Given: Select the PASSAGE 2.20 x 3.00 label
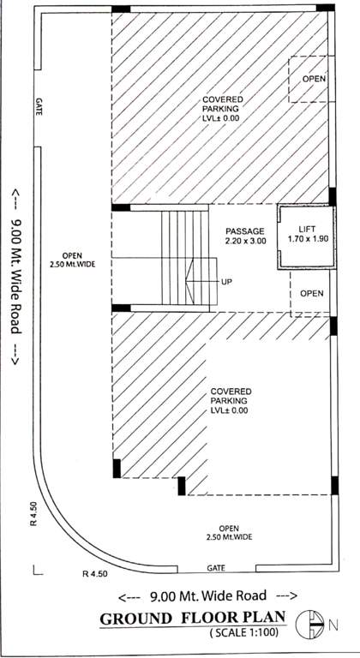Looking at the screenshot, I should (246, 236).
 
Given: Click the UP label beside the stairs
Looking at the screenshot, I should (227, 282).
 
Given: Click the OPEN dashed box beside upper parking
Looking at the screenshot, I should (310, 80).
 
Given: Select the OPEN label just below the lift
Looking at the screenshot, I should (312, 294).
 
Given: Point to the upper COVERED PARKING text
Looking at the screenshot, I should (221, 109).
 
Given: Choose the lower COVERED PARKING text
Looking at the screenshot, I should (229, 401).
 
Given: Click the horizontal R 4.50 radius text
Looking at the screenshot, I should (97, 573).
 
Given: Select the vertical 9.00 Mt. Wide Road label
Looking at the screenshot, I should (16, 279).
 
